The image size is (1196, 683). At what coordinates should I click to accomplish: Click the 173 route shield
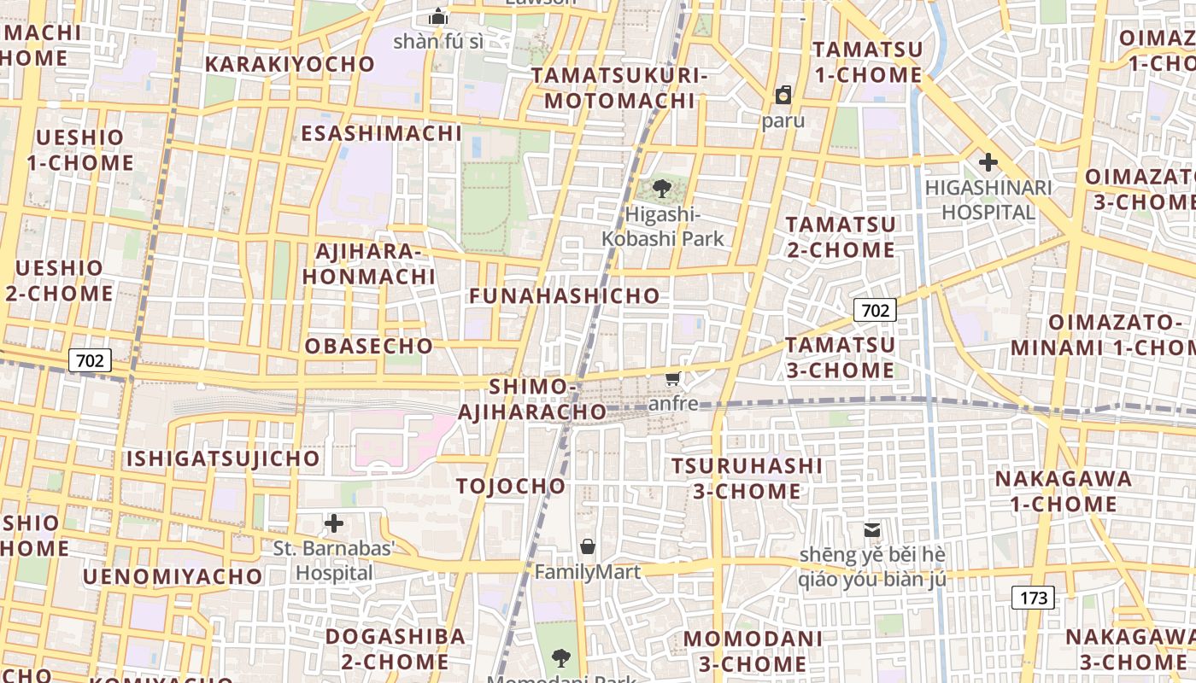pyautogui.click(x=1033, y=598)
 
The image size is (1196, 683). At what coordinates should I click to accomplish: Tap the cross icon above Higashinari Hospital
pyautogui.click(x=988, y=162)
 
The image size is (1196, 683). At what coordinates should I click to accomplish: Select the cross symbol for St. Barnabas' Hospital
pyautogui.click(x=334, y=522)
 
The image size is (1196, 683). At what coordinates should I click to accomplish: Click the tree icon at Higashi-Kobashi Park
pyautogui.click(x=661, y=189)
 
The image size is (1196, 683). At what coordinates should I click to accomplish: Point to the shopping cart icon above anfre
pyautogui.click(x=673, y=378)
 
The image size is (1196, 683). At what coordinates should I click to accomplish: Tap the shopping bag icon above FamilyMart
pyautogui.click(x=588, y=546)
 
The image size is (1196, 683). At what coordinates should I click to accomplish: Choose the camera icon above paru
pyautogui.click(x=783, y=94)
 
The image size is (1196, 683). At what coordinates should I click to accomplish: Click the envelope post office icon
pyautogui.click(x=872, y=530)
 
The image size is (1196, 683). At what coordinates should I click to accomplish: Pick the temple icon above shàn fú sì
pyautogui.click(x=438, y=16)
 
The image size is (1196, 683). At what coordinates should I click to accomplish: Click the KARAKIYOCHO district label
pyautogui.click(x=290, y=64)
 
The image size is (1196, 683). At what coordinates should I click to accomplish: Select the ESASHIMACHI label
pyautogui.click(x=381, y=133)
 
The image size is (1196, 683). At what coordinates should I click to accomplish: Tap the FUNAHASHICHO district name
pyautogui.click(x=565, y=296)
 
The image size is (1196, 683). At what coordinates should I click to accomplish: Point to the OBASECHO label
pyautogui.click(x=369, y=346)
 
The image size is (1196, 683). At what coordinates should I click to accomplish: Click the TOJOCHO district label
pyautogui.click(x=511, y=486)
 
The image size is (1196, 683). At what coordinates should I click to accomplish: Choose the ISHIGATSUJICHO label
pyautogui.click(x=223, y=458)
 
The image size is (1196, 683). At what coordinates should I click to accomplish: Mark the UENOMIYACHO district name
pyautogui.click(x=173, y=576)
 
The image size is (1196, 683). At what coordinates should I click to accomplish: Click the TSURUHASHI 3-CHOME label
pyautogui.click(x=747, y=478)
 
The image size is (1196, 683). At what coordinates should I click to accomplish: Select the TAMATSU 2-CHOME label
pyautogui.click(x=841, y=237)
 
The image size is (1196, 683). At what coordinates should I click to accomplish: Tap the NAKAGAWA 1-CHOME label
pyautogui.click(x=1064, y=491)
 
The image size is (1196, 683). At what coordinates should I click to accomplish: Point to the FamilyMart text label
pyautogui.click(x=588, y=571)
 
